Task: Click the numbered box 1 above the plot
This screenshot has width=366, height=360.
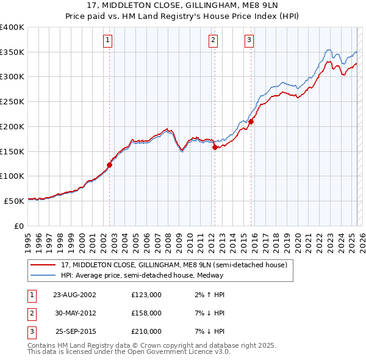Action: pos(107,41)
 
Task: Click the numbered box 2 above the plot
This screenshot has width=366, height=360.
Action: pos(213,41)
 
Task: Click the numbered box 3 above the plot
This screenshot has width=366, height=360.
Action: pos(249,41)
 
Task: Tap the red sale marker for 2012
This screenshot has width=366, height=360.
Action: pos(215,147)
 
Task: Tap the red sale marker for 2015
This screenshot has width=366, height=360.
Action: pos(251,121)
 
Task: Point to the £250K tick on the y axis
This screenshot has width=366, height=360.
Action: pos(13,102)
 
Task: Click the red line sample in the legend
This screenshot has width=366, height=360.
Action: pos(43,264)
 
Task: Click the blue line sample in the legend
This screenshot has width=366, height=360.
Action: pos(43,275)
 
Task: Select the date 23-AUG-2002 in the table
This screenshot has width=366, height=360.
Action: pos(74,295)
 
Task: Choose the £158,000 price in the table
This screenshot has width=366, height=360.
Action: pos(146,313)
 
